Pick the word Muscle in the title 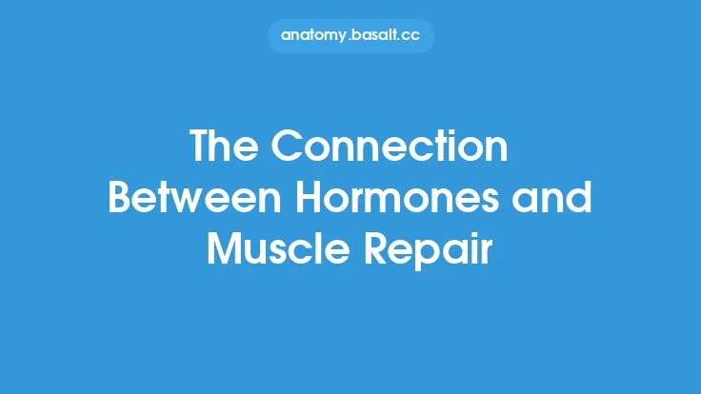268,248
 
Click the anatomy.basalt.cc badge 350,35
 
